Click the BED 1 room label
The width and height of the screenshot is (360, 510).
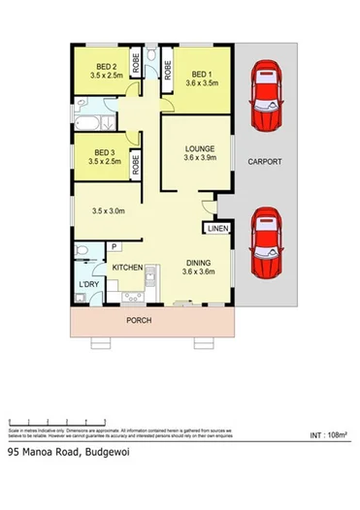(x=202, y=74)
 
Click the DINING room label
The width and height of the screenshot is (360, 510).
(x=199, y=262)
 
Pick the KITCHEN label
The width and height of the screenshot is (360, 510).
(x=128, y=267)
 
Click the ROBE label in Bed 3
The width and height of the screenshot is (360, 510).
(x=136, y=163)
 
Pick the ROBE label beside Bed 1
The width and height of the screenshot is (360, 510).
(x=168, y=69)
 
